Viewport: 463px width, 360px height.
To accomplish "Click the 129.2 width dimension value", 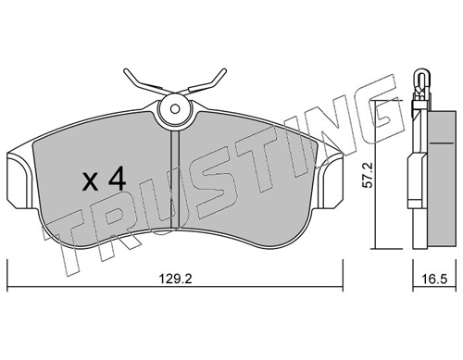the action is coord(175,279).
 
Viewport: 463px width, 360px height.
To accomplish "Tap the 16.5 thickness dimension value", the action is coord(434,279).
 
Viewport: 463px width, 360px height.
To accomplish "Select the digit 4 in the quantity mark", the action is coord(117,178).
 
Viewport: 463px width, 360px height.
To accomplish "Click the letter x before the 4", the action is coord(91,181).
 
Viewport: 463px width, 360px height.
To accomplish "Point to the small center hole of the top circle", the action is coord(175,109).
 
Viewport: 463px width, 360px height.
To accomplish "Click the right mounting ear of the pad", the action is coord(331,180).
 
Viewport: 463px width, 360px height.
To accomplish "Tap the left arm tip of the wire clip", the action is coord(126,71).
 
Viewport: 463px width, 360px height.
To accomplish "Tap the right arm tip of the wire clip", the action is coord(225,70).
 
